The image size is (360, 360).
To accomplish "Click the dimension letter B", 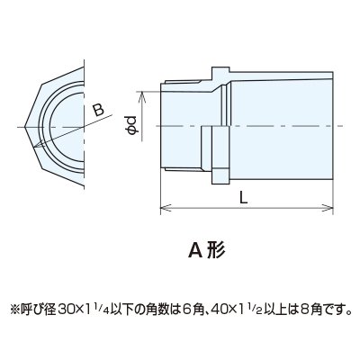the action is coord(98,110).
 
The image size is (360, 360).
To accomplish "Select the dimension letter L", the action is coord(244,198).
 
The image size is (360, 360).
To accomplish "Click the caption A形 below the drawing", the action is coord(206,250).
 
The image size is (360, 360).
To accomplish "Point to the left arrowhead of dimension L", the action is coord(166,208).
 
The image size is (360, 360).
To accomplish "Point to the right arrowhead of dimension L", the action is coord(328,208).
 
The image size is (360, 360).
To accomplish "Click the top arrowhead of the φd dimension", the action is coord(142,97).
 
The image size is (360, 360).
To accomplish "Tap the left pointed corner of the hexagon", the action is coord(25,127).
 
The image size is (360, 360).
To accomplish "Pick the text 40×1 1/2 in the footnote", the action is coord(237,309).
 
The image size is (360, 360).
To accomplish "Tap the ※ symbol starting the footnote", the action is coord(14,310).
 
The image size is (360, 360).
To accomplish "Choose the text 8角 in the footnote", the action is coord(310,309).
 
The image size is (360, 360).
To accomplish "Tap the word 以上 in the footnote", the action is coord(274,309).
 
